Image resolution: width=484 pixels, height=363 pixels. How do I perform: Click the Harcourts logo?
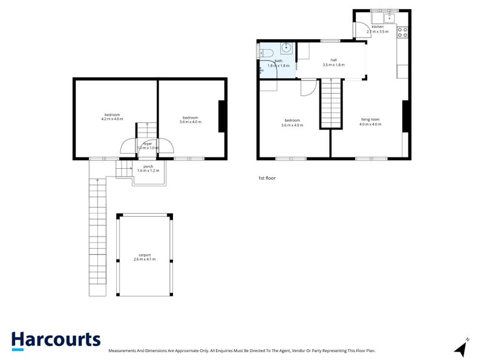[56, 340]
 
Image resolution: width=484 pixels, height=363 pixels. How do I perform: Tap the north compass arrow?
[462, 348]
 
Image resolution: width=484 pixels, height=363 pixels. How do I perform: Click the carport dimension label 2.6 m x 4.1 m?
[145, 257]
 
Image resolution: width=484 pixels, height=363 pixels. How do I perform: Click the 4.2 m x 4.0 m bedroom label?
[112, 117]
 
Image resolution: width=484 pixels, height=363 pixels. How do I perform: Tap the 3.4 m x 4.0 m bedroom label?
[191, 119]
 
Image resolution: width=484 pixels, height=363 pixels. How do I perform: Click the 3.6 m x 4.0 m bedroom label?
[293, 123]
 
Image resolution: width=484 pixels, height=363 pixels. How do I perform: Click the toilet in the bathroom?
[261, 52]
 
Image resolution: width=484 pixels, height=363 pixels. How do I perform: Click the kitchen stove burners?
[403, 32]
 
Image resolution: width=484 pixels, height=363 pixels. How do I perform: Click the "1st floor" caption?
[267, 178]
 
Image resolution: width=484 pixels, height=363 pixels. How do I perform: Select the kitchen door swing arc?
[361, 28]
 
